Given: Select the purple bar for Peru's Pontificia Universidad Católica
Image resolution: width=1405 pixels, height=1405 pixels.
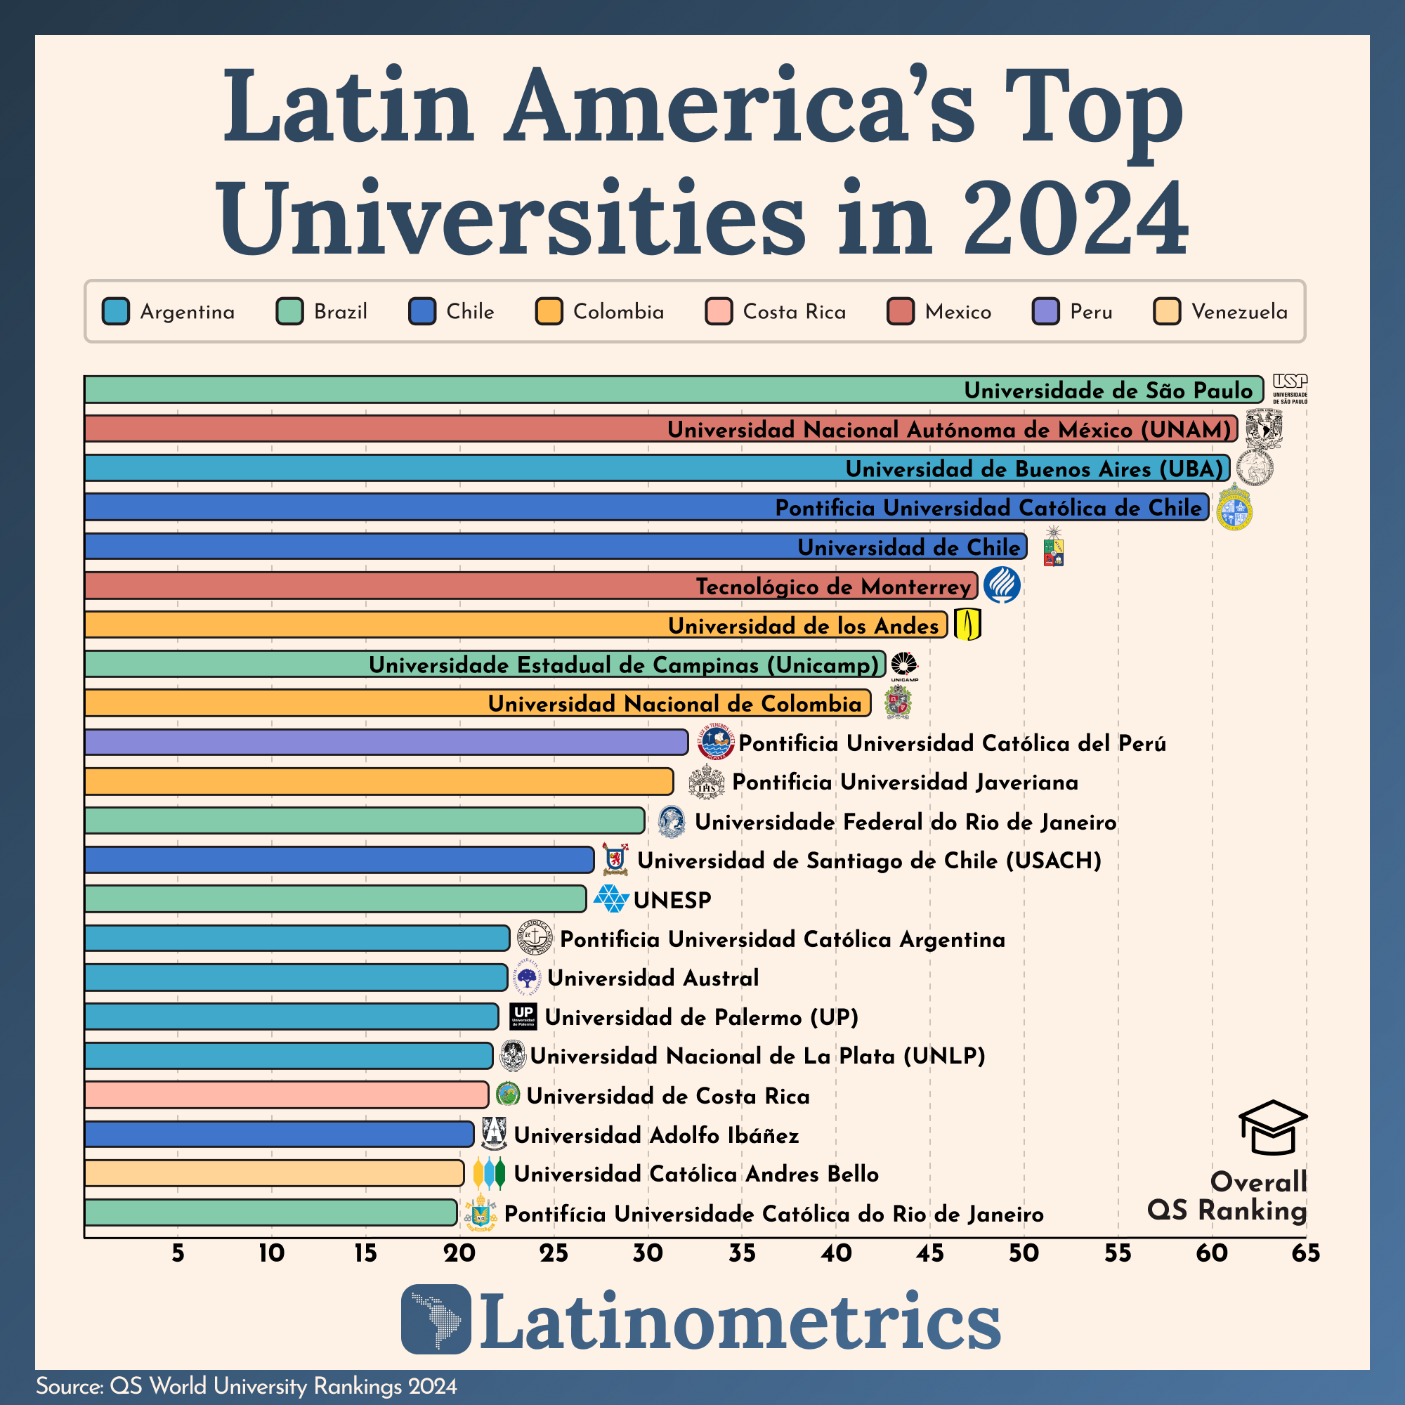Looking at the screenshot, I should [x=386, y=743].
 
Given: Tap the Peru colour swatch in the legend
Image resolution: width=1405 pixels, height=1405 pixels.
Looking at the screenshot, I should [x=1046, y=311].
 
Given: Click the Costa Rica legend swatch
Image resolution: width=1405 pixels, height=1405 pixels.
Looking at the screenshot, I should [x=719, y=311].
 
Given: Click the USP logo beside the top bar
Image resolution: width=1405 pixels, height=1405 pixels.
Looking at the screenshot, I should [x=1289, y=388].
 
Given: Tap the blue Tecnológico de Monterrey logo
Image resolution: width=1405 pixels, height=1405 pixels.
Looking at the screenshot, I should [x=1001, y=585].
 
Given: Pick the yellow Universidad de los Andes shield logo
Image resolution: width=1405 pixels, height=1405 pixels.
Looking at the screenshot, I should [x=967, y=624].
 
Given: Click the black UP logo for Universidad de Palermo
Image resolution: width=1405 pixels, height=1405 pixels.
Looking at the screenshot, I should [x=523, y=1017].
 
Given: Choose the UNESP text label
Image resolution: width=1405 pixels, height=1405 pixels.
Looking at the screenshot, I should [x=672, y=901].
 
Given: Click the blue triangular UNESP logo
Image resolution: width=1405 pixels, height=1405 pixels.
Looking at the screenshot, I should [x=611, y=900].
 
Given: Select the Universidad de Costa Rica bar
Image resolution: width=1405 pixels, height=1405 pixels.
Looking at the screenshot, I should [x=286, y=1095].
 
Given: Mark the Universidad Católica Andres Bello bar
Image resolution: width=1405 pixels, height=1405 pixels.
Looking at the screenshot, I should [x=273, y=1173].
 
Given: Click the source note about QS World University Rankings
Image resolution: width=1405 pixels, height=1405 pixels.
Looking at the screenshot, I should [x=247, y=1386].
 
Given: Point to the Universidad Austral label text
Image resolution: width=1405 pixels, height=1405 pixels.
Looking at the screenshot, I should [x=653, y=978].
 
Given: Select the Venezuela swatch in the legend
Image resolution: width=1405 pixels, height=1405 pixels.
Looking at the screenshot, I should [x=1167, y=311].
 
